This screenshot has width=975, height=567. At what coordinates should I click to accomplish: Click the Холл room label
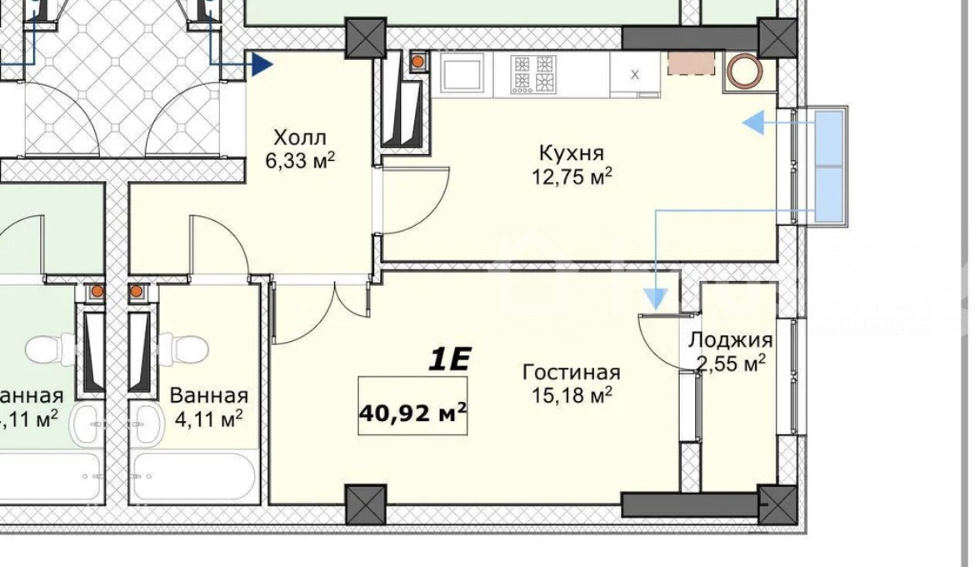click(300, 138)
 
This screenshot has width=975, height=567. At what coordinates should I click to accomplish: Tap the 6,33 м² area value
click(300, 161)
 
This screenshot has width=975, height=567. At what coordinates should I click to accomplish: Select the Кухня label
click(572, 153)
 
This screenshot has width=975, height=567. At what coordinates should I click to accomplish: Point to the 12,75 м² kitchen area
click(572, 177)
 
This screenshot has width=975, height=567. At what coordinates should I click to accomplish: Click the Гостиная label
click(572, 372)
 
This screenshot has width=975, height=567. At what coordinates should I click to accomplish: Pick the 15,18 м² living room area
click(572, 394)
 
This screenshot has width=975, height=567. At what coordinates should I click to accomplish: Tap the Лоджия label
click(731, 340)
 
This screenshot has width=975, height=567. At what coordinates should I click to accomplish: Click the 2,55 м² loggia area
click(731, 363)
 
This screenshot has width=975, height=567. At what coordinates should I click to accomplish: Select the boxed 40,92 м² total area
click(412, 406)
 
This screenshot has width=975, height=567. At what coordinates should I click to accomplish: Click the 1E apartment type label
click(449, 359)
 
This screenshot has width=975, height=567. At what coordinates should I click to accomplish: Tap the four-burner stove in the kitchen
click(532, 74)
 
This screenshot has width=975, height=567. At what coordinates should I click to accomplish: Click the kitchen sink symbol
click(462, 73)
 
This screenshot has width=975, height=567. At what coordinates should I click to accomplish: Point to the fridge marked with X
click(635, 75)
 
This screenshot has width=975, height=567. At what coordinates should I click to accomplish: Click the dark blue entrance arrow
click(263, 63)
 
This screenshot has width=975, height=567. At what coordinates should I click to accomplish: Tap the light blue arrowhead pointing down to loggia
click(655, 299)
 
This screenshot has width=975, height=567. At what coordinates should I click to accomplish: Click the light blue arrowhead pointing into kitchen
click(753, 123)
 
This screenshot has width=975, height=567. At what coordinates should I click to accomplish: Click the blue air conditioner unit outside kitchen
click(828, 167)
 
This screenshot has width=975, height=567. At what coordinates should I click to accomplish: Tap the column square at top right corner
click(777, 38)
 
